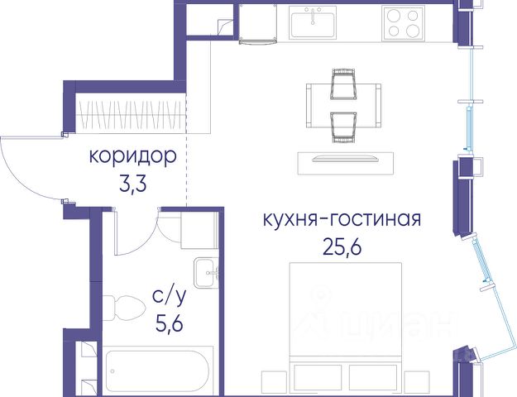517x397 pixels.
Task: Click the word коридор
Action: pyautogui.click(x=133, y=157)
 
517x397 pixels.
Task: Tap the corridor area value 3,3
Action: pyautogui.click(x=133, y=185)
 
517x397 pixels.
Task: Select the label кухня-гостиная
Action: pyautogui.click(x=342, y=219)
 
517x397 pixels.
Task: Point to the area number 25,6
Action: pyautogui.click(x=342, y=247)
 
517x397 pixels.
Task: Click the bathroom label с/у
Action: pyautogui.click(x=169, y=296)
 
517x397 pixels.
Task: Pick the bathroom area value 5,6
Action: pyautogui.click(x=169, y=323)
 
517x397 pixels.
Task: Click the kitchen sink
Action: pyautogui.click(x=313, y=22)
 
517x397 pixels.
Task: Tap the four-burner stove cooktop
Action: pyautogui.click(x=403, y=23)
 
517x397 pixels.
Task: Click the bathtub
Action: pyautogui.click(x=158, y=371)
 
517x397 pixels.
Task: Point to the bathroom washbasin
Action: pyautogui.click(x=206, y=273)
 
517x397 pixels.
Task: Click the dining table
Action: pyautogui.click(x=343, y=106)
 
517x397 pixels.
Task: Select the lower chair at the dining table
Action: pyautogui.click(x=344, y=127)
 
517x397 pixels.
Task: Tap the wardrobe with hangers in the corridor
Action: pyautogui.click(x=131, y=113)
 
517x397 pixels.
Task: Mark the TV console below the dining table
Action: pyautogui.click(x=346, y=163)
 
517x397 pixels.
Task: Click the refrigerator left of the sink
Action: pyautogui.click(x=258, y=23)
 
